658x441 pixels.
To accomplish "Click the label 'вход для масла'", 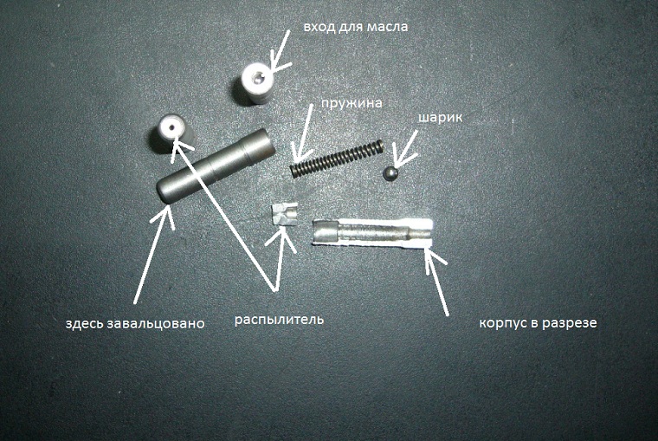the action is [x=356, y=27].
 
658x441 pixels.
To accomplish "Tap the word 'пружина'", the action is [x=352, y=104].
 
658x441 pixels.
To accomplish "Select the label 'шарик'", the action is [x=440, y=118].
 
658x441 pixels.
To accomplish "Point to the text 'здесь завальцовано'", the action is [x=135, y=323].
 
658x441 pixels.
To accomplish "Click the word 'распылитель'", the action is [x=279, y=320].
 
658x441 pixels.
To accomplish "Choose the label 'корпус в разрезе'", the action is [x=538, y=323].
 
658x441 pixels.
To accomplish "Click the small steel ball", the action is [x=390, y=173].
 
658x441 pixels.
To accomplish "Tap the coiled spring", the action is [x=337, y=159].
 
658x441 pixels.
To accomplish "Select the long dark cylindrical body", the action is [x=216, y=166].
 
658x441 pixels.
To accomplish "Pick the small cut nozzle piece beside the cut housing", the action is [x=285, y=215].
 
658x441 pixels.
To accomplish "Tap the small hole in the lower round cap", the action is [x=171, y=126].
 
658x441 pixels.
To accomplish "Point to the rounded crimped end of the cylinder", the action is [x=163, y=192].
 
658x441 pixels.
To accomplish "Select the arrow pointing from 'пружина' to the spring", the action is [x=303, y=134].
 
